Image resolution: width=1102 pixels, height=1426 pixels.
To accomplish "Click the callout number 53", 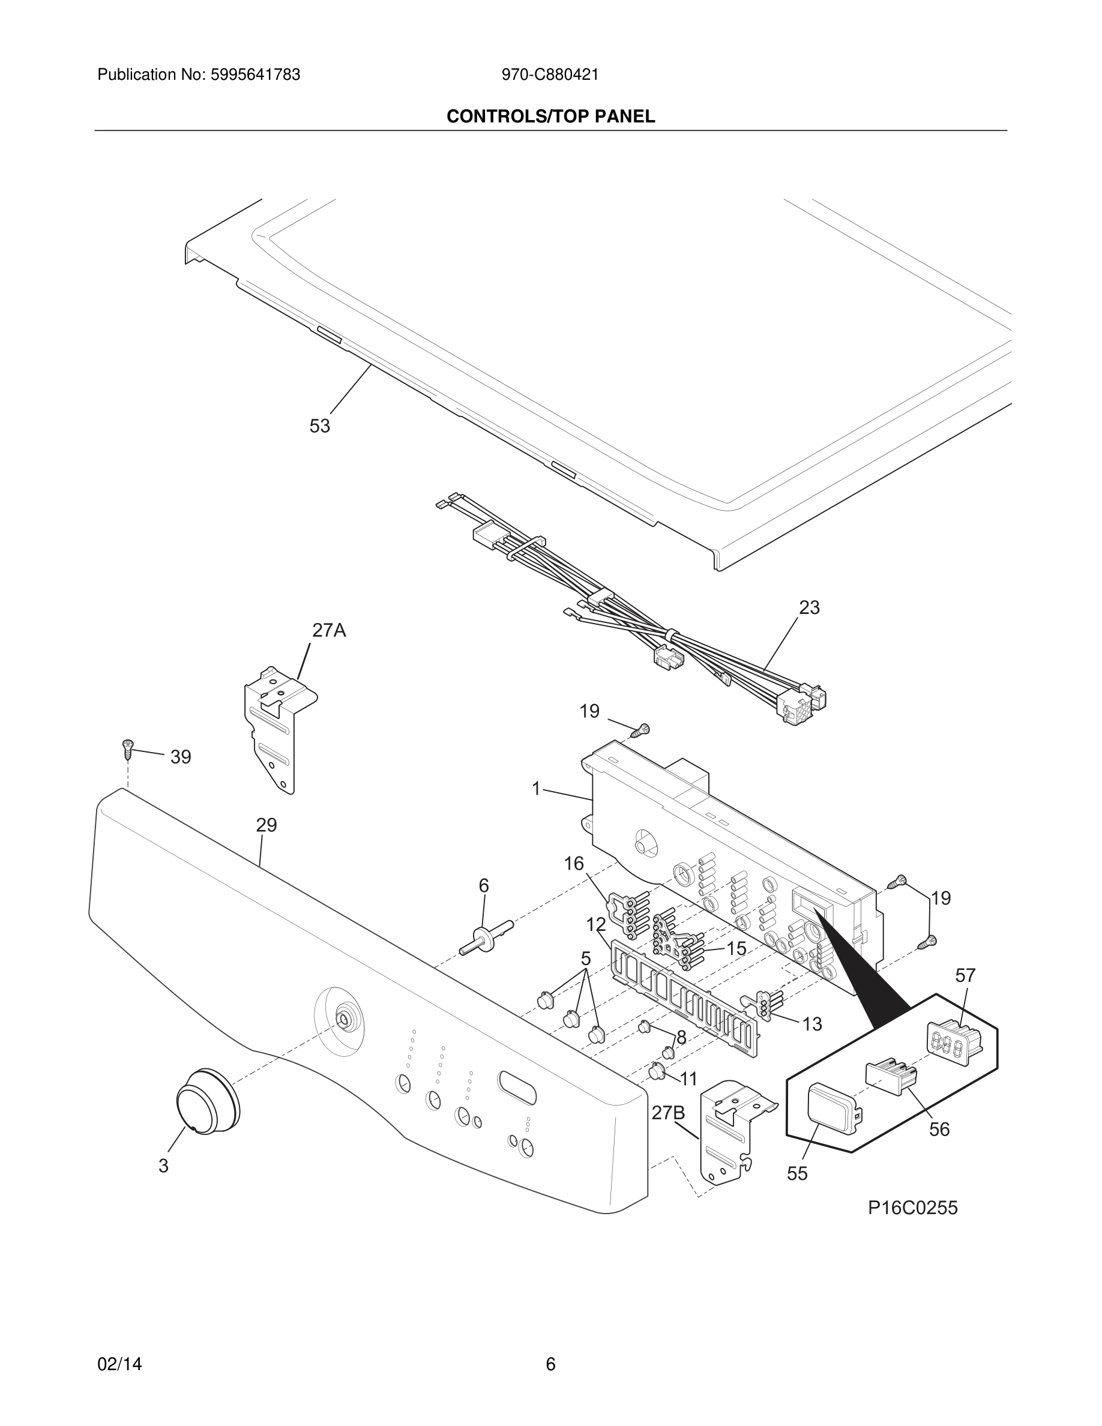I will pos(319,426).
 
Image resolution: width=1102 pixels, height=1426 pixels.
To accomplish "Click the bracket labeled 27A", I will pos(277,734).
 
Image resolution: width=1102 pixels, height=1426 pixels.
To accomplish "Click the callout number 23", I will pos(809,608).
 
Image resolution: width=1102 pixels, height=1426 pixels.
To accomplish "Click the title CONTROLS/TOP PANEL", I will pos(550,117).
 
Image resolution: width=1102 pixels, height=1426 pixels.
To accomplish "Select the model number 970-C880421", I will pos(550,75).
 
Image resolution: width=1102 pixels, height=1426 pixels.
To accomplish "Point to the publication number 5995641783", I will pos(254,75).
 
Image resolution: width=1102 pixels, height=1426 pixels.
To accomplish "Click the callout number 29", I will pos(266,825).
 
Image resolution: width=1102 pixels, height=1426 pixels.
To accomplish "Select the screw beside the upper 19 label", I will pos(642,730).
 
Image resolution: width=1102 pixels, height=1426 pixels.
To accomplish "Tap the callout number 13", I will pos(811,1024).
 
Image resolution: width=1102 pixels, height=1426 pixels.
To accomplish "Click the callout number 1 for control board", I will pos(536,789).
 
